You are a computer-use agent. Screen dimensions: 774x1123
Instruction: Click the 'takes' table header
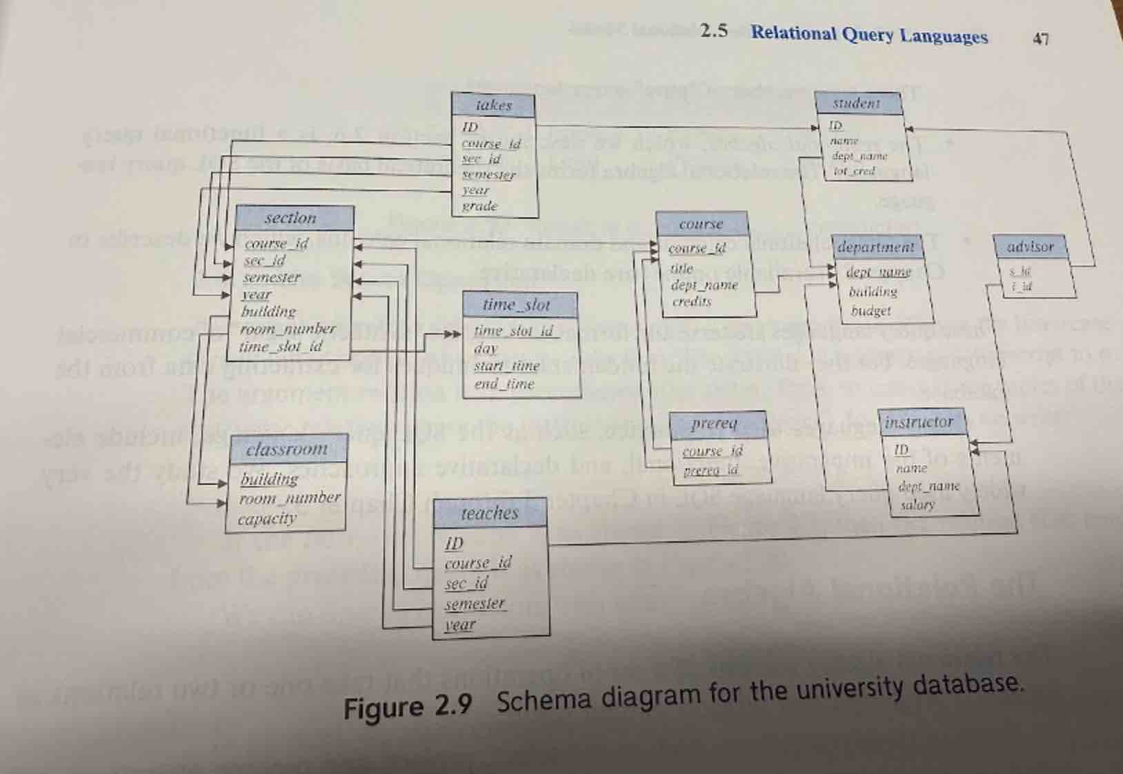point(494,105)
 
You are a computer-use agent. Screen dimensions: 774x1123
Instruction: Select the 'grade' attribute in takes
point(480,205)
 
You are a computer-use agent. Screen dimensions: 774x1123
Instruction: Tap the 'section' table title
point(290,218)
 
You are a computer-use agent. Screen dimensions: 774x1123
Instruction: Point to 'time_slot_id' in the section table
point(280,347)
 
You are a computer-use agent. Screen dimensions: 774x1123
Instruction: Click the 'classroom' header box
point(287,449)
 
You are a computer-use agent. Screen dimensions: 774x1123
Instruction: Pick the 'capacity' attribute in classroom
point(267,519)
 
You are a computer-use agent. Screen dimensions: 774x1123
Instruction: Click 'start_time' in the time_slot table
point(507,366)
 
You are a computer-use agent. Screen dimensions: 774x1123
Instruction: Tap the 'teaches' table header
point(489,513)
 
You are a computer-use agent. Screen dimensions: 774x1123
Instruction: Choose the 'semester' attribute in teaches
point(475,604)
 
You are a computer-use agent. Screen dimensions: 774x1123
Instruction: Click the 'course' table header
point(701,224)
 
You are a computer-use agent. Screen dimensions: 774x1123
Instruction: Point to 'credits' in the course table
point(691,302)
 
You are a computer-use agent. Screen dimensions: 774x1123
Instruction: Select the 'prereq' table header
point(715,423)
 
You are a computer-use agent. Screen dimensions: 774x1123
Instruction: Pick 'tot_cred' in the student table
point(854,171)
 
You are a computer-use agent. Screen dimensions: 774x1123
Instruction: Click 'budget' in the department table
point(871,311)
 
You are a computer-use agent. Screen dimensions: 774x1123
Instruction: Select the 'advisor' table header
point(1031,247)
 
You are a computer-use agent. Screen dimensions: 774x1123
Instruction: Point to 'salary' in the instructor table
point(917,505)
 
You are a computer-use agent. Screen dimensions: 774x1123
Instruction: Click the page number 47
point(1041,39)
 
